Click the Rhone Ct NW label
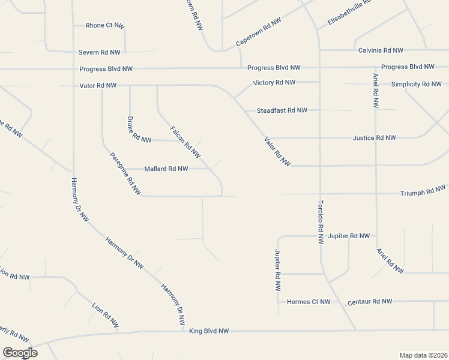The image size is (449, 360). (104, 25)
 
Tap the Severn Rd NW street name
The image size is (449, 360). (100, 53)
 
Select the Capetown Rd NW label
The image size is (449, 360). (259, 32)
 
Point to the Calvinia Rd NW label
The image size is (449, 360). (381, 50)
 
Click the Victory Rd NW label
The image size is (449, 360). (274, 82)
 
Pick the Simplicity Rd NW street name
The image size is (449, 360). (417, 84)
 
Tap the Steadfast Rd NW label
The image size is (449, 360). (282, 110)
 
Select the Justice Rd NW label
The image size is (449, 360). (375, 138)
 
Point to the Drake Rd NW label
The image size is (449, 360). (139, 130)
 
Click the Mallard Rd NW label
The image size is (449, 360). (166, 169)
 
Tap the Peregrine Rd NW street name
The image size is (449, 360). (125, 174)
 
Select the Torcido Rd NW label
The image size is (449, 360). (321, 221)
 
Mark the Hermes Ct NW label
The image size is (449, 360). (309, 302)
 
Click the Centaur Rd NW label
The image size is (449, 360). (370, 301)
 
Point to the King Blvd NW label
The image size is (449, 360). (209, 331)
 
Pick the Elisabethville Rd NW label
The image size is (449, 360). (350, 13)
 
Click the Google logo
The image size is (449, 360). (20, 353)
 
